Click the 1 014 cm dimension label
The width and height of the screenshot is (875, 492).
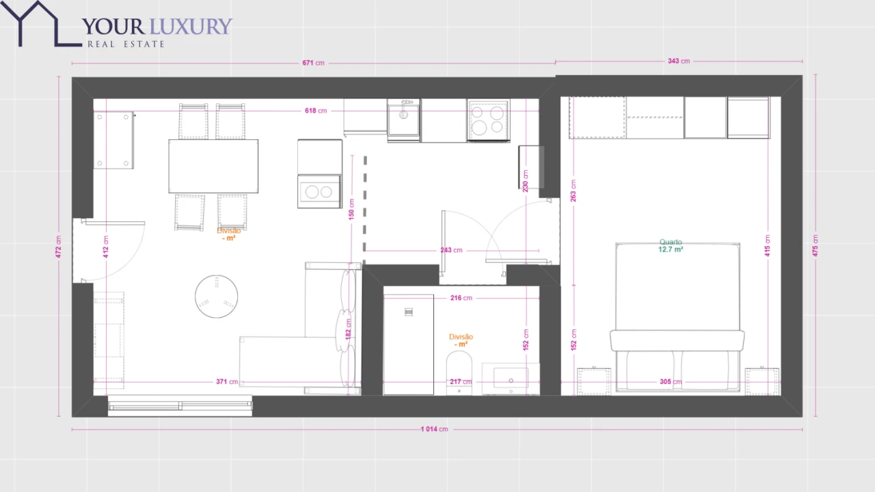click(x=434, y=429)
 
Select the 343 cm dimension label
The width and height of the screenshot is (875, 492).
click(x=678, y=61)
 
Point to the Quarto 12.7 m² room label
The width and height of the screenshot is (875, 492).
click(x=671, y=246)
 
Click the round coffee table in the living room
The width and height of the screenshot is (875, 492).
click(x=216, y=297)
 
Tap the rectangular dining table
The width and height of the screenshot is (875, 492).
click(x=213, y=166)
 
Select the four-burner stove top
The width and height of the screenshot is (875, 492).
click(x=488, y=120)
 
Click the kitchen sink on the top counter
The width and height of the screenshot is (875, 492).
click(x=404, y=120)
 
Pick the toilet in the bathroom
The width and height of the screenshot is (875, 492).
click(x=459, y=372)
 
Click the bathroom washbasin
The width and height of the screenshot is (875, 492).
click(x=510, y=379)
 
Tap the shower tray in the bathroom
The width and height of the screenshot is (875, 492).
click(x=408, y=344)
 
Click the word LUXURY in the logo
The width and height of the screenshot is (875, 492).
click(x=191, y=27)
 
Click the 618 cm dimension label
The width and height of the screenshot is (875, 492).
click(x=315, y=111)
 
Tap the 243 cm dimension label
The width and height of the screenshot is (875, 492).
click(x=451, y=250)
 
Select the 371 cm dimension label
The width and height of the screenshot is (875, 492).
click(x=227, y=382)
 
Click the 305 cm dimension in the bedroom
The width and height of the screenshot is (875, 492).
click(x=670, y=382)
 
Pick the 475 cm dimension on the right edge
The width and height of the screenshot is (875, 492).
click(x=815, y=246)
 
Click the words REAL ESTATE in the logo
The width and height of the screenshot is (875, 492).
click(x=126, y=44)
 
